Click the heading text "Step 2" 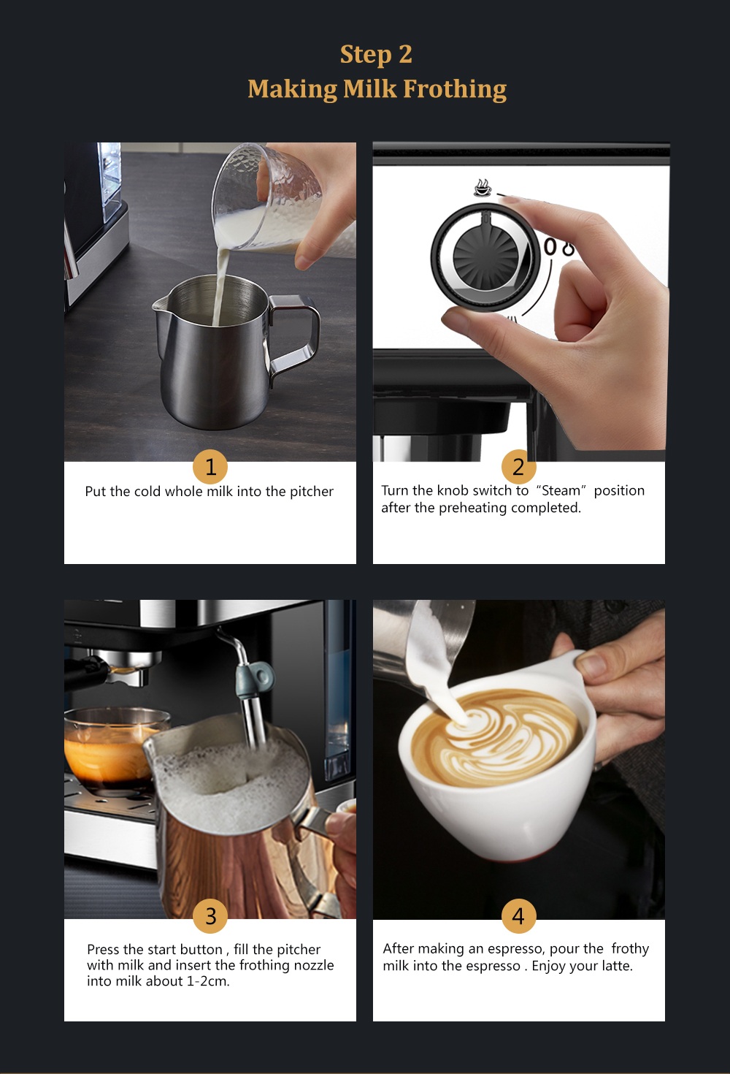pyautogui.click(x=376, y=54)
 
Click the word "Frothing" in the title pyautogui.click(x=455, y=89)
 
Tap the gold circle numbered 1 pyautogui.click(x=210, y=466)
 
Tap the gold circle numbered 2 pyautogui.click(x=518, y=466)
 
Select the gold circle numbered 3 pyautogui.click(x=210, y=915)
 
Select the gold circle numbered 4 pyautogui.click(x=518, y=915)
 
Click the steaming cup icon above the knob pyautogui.click(x=483, y=188)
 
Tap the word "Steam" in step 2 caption pyautogui.click(x=561, y=490)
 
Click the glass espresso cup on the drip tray pyautogui.click(x=109, y=749)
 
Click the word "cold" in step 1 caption pyautogui.click(x=147, y=491)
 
